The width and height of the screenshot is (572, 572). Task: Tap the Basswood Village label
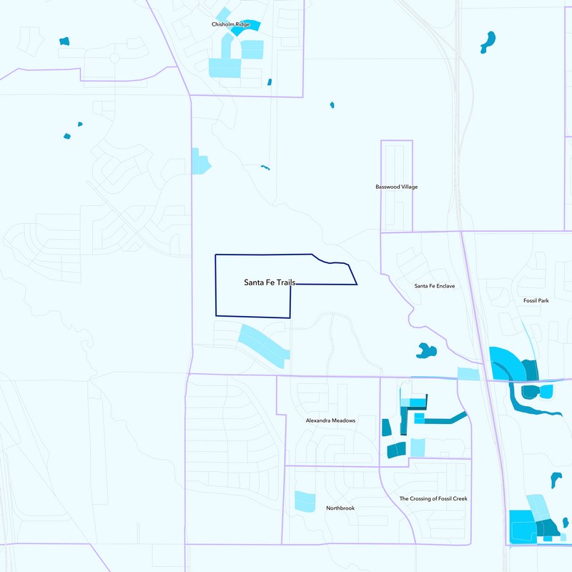tap(396, 187)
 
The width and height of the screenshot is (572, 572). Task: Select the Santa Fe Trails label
tap(270, 283)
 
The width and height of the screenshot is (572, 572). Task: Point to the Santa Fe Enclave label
tap(434, 286)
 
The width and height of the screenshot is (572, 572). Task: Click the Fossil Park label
tap(534, 301)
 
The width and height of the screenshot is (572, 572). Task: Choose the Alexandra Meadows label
tap(330, 420)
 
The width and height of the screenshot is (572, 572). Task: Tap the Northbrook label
tap(340, 508)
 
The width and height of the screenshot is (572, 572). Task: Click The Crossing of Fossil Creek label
tap(433, 498)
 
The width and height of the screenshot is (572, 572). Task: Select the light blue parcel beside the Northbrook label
tap(305, 501)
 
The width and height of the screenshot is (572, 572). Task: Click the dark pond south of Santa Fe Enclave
tap(426, 350)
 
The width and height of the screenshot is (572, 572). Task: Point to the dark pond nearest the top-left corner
tap(64, 41)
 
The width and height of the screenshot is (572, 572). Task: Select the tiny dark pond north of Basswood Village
tap(332, 105)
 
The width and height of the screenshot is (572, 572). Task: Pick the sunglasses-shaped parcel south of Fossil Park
tap(537, 392)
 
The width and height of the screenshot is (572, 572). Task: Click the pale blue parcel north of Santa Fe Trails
tap(200, 162)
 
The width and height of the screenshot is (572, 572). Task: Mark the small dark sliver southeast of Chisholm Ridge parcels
tap(270, 82)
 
